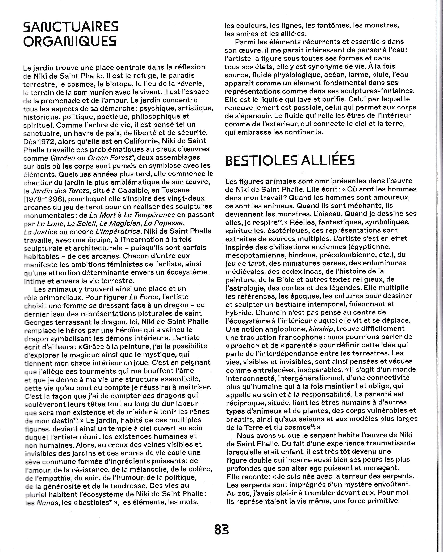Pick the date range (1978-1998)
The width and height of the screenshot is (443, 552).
click(44, 198)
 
